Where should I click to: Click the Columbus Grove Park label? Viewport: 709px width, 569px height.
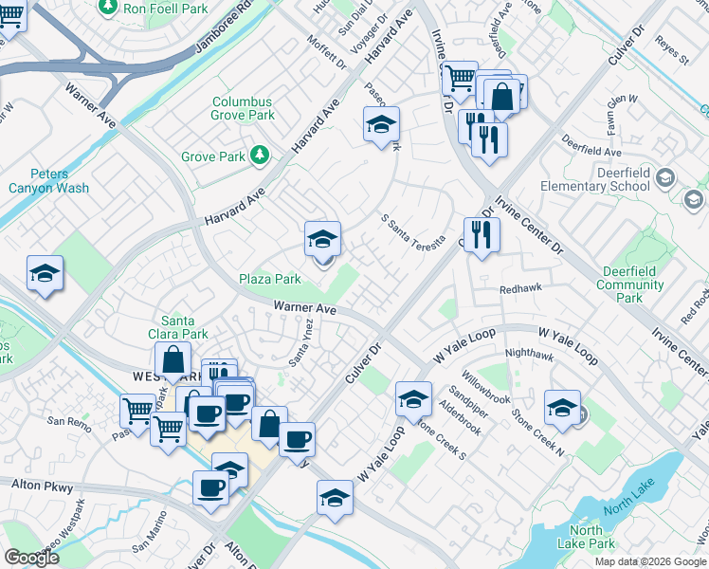pos(243,108)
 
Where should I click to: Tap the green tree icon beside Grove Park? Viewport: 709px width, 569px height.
pos(259,156)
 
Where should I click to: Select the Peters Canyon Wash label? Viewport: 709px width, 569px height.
pos(60,181)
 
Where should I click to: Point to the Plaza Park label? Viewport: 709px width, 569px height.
pos(270,279)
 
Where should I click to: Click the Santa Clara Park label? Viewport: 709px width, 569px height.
pos(184,327)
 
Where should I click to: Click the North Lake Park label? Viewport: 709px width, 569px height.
pos(586,537)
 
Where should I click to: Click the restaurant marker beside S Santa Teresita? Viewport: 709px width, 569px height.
pos(482,234)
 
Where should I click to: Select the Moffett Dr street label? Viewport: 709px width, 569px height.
pos(328,53)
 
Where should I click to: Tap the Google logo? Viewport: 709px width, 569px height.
pos(31,557)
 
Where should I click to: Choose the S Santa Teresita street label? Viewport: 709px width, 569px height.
pos(413,230)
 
